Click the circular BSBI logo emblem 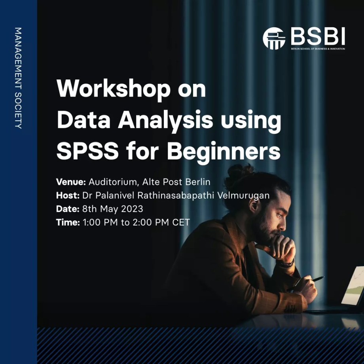(x=274, y=38)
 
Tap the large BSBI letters (x=318, y=36)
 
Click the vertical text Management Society (x=18, y=78)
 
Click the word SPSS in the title (x=87, y=152)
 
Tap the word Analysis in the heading (x=165, y=121)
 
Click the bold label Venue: (x=71, y=182)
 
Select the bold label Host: (x=68, y=195)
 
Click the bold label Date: (x=68, y=209)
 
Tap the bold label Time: (x=68, y=222)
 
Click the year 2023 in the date (x=132, y=209)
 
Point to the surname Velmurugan (x=243, y=195)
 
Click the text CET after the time (x=181, y=222)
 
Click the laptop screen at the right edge (x=354, y=286)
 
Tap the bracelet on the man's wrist (x=286, y=263)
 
